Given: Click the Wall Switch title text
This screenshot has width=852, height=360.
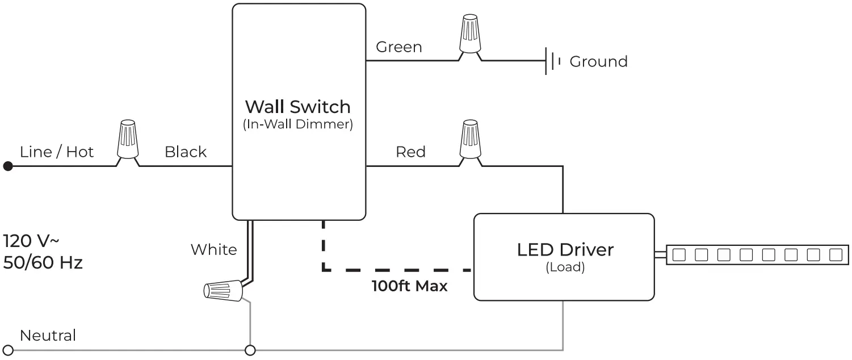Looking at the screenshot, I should tap(297, 107).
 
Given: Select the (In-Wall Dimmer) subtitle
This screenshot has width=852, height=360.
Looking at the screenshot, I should tap(297, 125).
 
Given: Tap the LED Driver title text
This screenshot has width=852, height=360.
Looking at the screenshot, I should tap(565, 249).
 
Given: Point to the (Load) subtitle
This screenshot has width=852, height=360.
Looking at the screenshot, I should tap(565, 267).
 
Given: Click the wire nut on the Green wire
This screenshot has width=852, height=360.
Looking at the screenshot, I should tap(469, 34).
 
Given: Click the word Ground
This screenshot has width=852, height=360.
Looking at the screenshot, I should tap(598, 61).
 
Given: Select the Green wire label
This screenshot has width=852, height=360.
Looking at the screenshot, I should tap(399, 47).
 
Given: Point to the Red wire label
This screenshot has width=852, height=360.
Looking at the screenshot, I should tap(410, 152).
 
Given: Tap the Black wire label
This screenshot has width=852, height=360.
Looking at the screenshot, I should tap(186, 152).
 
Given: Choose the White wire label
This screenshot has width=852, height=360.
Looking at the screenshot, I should tap(213, 250).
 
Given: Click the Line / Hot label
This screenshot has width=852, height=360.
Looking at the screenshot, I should tap(57, 152).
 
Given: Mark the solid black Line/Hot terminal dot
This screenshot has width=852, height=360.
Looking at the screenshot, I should tap(8, 166).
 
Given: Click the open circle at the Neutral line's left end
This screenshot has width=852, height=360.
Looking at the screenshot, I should tap(8, 350).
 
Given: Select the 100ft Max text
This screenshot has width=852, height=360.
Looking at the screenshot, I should tap(409, 286).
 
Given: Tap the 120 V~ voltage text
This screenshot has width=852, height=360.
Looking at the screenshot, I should tap(31, 240).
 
